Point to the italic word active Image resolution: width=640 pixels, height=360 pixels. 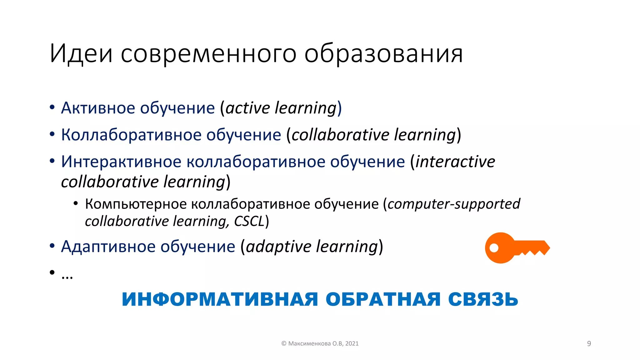(x=247, y=108)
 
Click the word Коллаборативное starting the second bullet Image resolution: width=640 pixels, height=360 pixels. (x=131, y=135)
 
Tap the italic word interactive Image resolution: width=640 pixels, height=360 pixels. (x=455, y=162)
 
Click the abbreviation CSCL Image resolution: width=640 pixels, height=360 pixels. (x=249, y=222)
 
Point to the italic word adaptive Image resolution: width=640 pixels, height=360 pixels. (x=279, y=247)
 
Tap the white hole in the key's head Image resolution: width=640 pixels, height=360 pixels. (x=494, y=248)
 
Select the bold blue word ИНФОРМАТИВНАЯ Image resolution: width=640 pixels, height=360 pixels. (x=220, y=299)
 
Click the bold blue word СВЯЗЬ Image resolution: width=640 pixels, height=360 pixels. (x=483, y=299)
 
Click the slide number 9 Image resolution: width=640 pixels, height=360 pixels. (x=589, y=344)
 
